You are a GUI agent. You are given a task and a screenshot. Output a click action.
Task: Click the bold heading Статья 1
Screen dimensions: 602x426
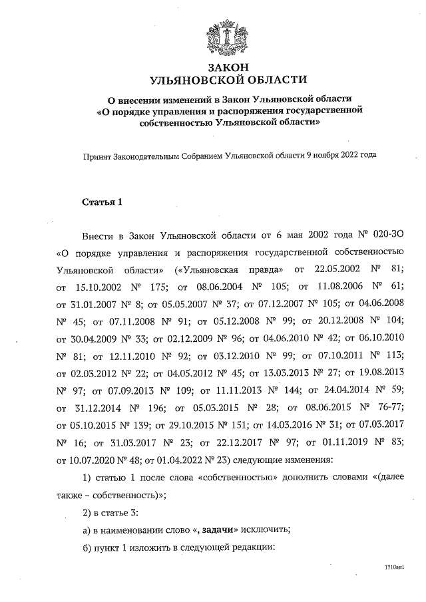(103, 202)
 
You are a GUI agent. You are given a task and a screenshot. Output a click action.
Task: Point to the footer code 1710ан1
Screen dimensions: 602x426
(394, 567)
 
